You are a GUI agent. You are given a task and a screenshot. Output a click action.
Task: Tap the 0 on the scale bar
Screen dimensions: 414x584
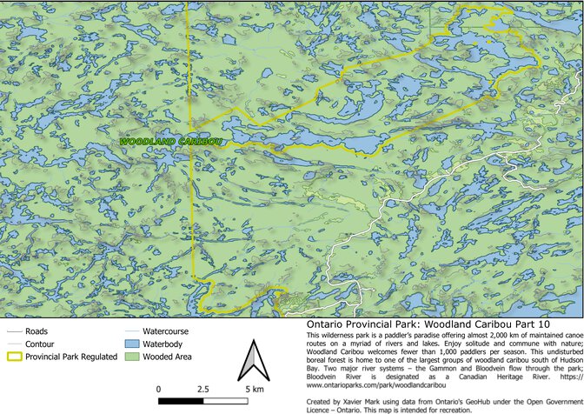(159, 389)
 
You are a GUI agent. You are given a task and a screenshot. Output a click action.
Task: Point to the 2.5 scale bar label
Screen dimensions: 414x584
(202, 389)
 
